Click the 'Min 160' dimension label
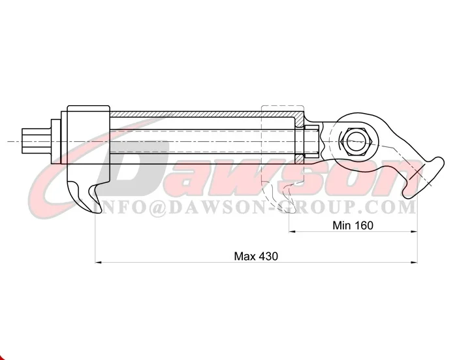click(x=353, y=225)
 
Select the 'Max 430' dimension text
click(x=256, y=256)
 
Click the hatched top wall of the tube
click(x=202, y=114)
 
